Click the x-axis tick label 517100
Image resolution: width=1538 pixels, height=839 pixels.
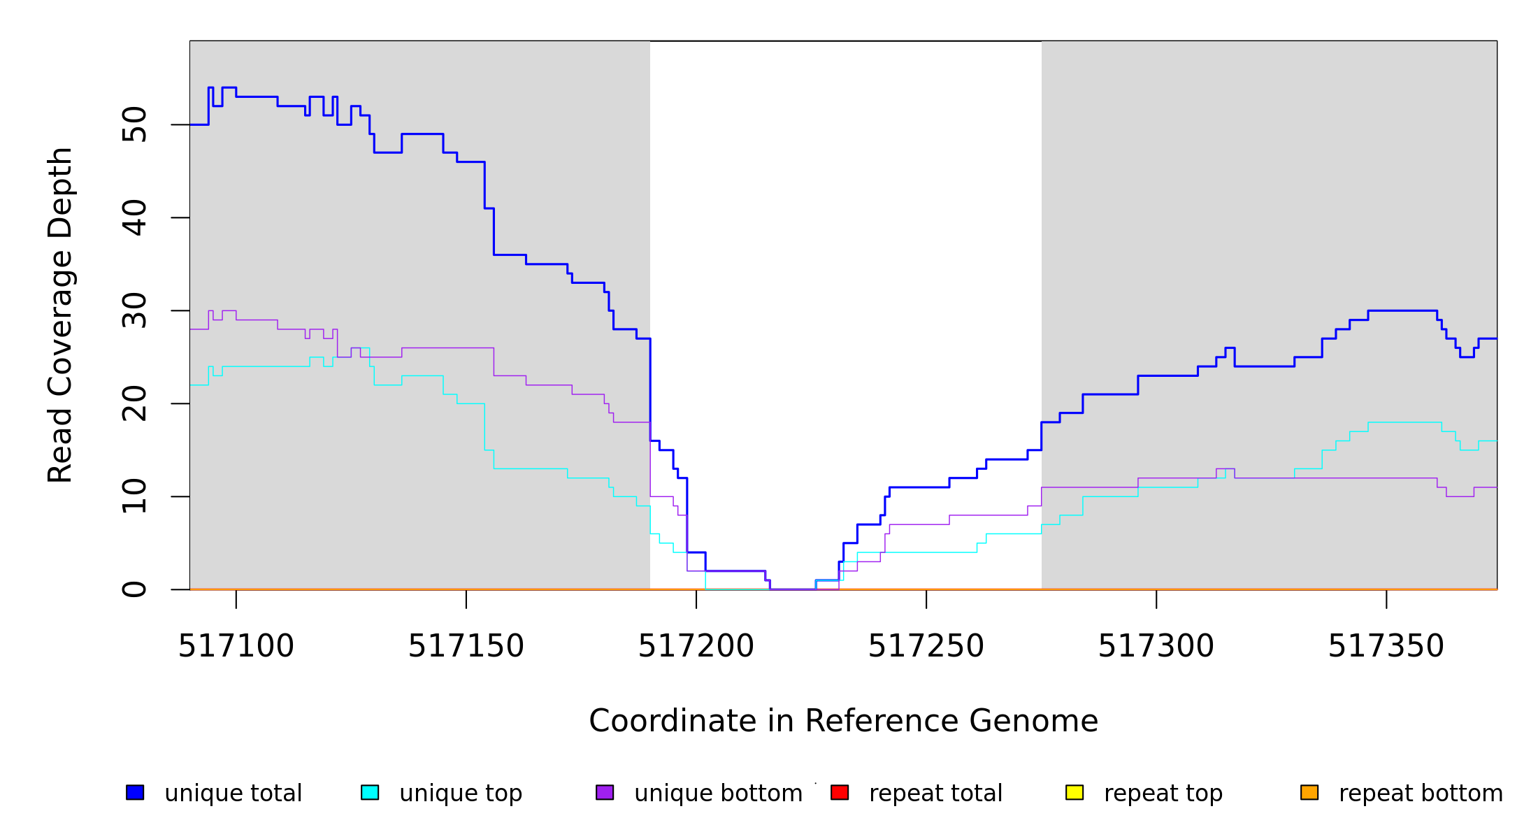point(236,646)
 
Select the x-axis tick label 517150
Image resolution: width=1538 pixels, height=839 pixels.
point(466,646)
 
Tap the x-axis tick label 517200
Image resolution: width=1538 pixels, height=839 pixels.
point(696,646)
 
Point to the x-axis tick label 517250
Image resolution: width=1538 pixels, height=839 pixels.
point(926,646)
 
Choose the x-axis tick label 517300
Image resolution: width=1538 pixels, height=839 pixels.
point(1156,646)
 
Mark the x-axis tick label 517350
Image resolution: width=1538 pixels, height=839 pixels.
point(1386,646)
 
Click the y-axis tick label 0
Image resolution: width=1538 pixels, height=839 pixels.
point(134,589)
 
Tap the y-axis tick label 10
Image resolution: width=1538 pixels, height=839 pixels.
point(134,496)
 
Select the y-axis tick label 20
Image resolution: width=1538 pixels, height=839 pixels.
point(134,403)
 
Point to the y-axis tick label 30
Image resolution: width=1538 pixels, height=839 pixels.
point(134,310)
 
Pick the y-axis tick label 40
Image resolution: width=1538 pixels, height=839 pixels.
point(134,217)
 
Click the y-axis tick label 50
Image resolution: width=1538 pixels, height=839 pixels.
point(134,124)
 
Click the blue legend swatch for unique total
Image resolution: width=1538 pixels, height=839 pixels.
point(135,792)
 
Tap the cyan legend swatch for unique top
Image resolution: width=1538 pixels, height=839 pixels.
point(370,792)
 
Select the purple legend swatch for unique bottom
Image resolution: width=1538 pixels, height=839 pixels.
point(605,792)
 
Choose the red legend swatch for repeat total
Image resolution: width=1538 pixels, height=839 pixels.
point(840,792)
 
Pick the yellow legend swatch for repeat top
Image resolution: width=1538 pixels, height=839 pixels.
point(1075,792)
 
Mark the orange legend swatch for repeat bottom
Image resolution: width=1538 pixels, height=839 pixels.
point(1309,792)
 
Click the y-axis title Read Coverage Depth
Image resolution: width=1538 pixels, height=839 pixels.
point(60,315)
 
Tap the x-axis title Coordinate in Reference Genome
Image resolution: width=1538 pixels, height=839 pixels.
point(843,721)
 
